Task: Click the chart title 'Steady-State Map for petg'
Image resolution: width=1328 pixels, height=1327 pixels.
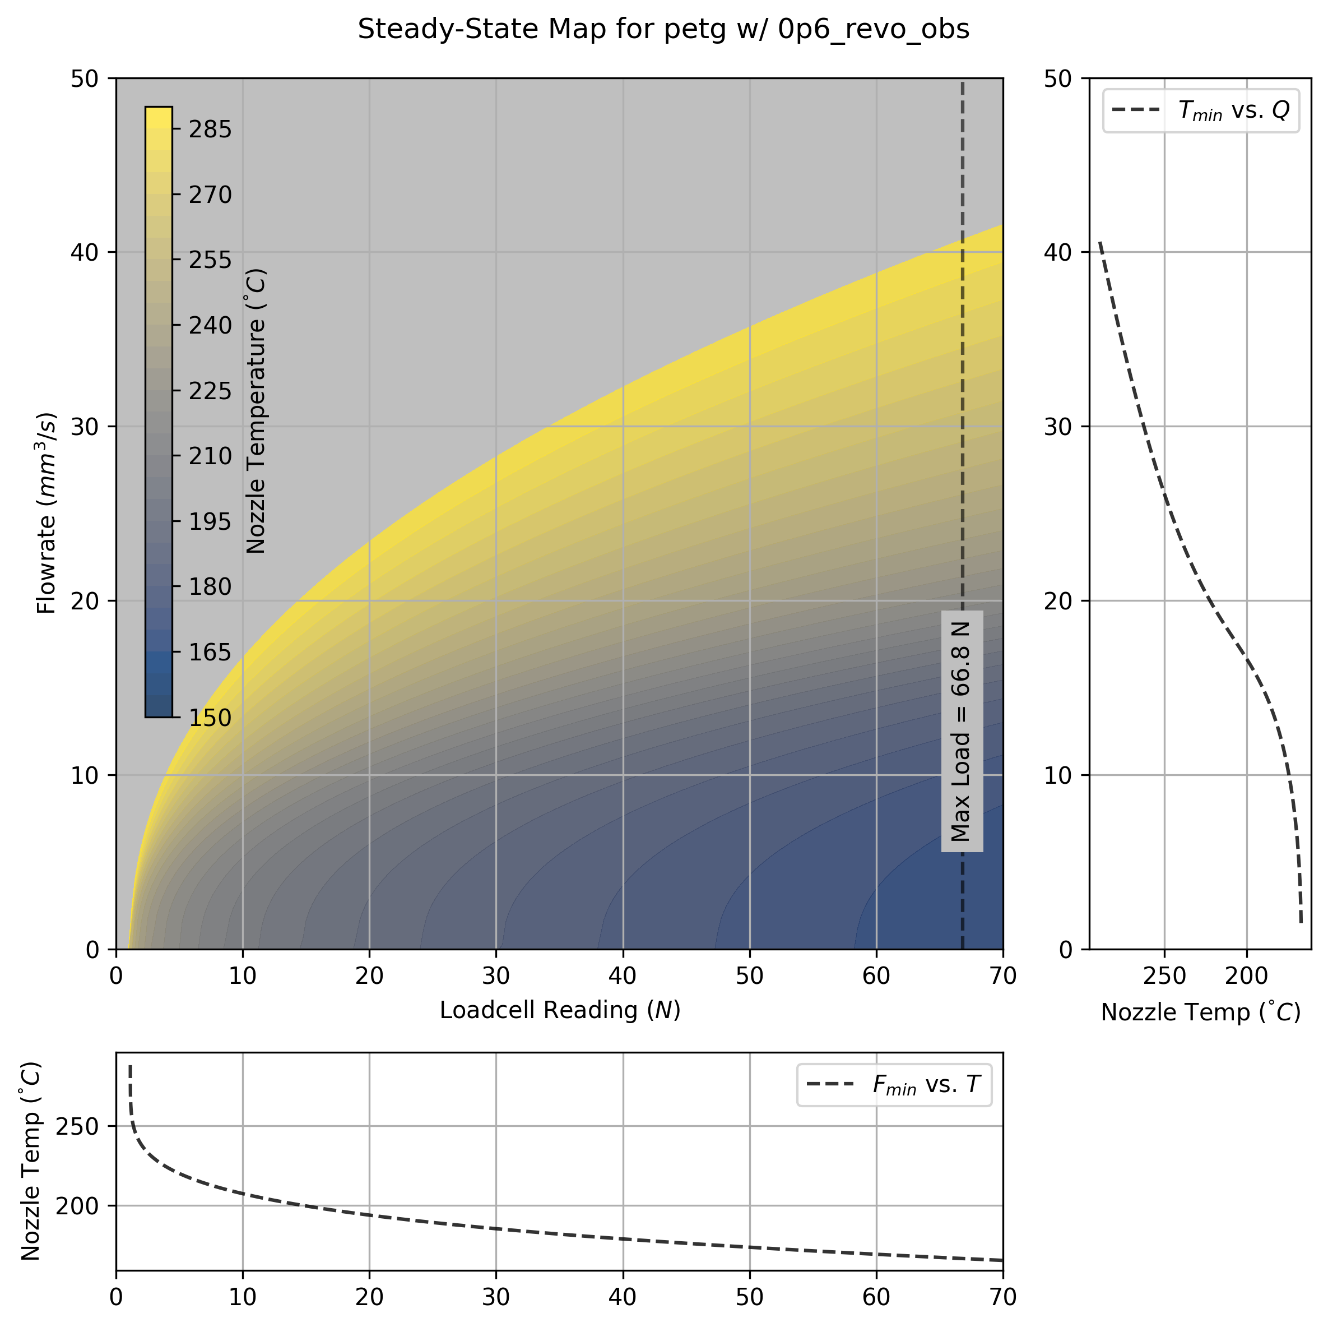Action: (663, 30)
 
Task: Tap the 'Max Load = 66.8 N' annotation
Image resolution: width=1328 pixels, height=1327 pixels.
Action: (961, 732)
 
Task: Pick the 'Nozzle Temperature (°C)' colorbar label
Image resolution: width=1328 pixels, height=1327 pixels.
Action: (256, 410)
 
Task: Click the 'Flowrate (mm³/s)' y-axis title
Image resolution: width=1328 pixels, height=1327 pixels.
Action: (47, 513)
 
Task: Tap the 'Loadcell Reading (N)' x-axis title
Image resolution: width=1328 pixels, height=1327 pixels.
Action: (560, 1010)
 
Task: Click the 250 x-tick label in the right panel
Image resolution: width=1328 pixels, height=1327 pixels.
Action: (1164, 975)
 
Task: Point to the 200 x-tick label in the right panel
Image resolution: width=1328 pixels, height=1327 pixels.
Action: (1246, 975)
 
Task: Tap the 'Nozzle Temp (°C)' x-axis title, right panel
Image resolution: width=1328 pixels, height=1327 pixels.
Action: (1200, 1012)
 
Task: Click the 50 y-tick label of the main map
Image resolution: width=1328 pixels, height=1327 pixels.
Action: (85, 78)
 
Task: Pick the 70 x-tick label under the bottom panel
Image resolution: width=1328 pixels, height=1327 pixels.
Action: (1002, 1297)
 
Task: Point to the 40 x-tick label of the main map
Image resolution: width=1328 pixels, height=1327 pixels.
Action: (623, 975)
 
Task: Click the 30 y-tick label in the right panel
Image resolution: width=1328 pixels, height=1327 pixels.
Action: (1058, 426)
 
